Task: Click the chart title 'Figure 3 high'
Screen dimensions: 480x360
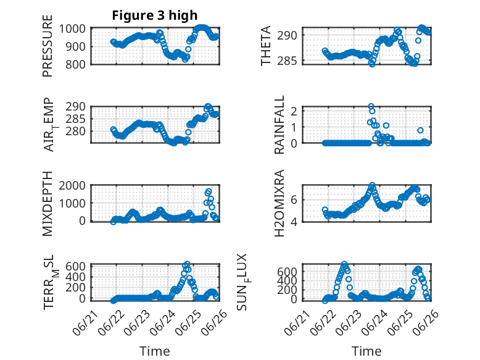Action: (155, 15)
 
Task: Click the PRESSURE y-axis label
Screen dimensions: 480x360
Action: (48, 46)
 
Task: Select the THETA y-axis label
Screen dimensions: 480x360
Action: (266, 46)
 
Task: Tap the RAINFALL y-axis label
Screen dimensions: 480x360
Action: (279, 124)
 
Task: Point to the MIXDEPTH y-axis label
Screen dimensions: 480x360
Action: (48, 203)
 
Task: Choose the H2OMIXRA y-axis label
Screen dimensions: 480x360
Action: (279, 203)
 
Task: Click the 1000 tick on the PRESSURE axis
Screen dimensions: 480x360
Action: (72, 29)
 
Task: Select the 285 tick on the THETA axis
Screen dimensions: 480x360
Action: (287, 61)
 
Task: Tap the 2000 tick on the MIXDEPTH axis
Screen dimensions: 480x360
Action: (72, 185)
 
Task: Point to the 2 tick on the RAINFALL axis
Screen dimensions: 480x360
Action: (294, 111)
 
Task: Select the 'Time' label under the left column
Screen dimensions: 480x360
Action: (155, 351)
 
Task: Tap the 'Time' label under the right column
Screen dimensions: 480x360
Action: (366, 351)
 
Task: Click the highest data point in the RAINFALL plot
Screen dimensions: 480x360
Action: (371, 106)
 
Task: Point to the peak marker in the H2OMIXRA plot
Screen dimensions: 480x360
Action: (372, 185)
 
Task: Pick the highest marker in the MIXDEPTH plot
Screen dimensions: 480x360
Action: (209, 191)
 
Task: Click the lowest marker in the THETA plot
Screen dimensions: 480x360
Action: (372, 64)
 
